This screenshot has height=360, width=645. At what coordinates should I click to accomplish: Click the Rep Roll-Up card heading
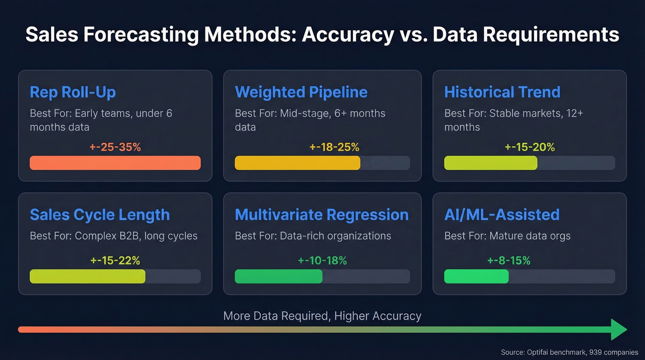point(73,92)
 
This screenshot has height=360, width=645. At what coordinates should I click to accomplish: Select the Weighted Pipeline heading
point(301,92)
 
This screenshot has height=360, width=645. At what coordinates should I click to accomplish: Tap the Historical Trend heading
point(502,92)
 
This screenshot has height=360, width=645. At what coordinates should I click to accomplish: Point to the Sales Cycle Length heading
point(100,215)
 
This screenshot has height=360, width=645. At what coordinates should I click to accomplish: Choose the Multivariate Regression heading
point(322,215)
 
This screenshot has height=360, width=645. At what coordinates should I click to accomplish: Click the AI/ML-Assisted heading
point(502,215)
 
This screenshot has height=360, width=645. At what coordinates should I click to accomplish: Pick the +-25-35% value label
point(115,148)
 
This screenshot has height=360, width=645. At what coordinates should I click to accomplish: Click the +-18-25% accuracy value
point(334,148)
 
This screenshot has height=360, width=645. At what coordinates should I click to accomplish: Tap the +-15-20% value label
point(530,148)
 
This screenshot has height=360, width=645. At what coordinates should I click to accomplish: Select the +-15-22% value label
point(115,260)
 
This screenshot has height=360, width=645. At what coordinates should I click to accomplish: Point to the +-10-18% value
point(322,260)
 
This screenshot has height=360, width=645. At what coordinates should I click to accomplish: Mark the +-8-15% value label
point(509,260)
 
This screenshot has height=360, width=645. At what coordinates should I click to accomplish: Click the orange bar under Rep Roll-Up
point(115,163)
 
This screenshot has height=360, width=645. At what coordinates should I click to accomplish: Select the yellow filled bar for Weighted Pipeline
point(297,163)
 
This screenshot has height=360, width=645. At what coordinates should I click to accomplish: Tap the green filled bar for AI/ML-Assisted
point(476,276)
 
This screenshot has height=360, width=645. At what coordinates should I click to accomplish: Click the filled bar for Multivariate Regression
point(278,276)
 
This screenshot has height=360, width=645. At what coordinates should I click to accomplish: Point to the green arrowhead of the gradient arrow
point(619,330)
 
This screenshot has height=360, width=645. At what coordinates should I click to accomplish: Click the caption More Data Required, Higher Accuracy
point(322,316)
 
